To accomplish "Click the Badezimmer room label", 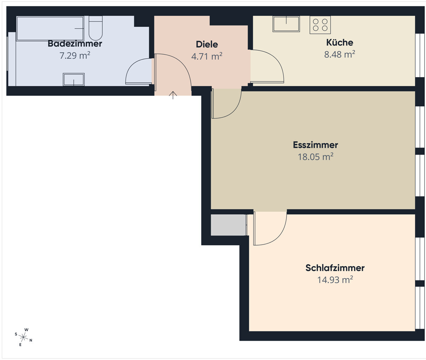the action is pos(75,44).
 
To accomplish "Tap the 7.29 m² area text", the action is pos(75,55).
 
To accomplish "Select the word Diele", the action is pos(207,44).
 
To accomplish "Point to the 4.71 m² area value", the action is pos(207,57).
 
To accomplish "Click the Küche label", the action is pos(340,42).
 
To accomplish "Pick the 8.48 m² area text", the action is pos(340,54).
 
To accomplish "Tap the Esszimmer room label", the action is pos(316,145).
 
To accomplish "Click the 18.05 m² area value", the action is pos(316,157).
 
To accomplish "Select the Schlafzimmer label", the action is pos(335,268).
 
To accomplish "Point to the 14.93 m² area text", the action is pos(335,280).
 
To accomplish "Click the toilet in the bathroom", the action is pos(95,28).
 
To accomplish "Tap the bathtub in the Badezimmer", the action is pos(50,28).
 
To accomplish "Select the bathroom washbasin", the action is pos(73,80).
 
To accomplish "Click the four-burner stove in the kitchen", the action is pos(320,25).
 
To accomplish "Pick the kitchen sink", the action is pos(286,24).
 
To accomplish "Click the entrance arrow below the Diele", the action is pos(173,95).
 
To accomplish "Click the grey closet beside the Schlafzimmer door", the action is pos(228,225).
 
